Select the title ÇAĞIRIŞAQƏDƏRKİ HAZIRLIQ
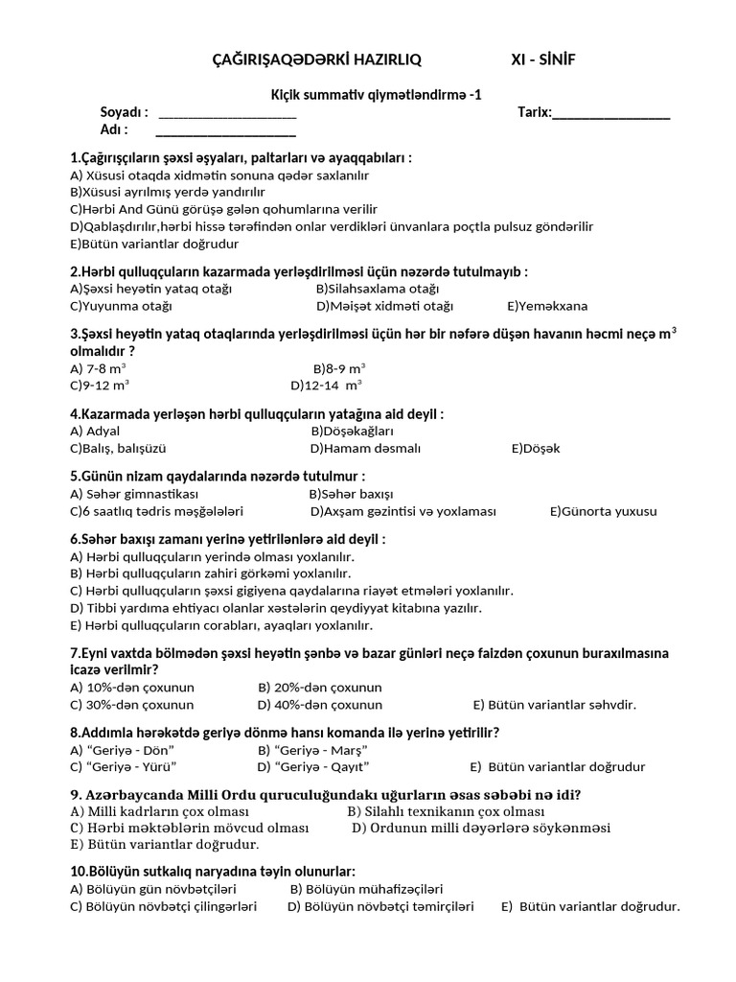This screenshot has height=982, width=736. (x=315, y=60)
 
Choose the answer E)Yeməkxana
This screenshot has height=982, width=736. (x=547, y=306)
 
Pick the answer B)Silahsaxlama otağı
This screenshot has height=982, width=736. (x=377, y=289)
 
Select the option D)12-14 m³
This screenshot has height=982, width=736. (x=326, y=385)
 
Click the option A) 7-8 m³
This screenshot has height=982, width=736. (x=99, y=367)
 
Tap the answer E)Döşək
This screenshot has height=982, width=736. (x=536, y=448)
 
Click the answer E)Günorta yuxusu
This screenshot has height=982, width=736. (x=603, y=511)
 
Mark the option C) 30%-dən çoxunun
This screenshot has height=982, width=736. (x=132, y=704)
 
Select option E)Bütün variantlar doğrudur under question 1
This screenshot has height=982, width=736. (x=149, y=244)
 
